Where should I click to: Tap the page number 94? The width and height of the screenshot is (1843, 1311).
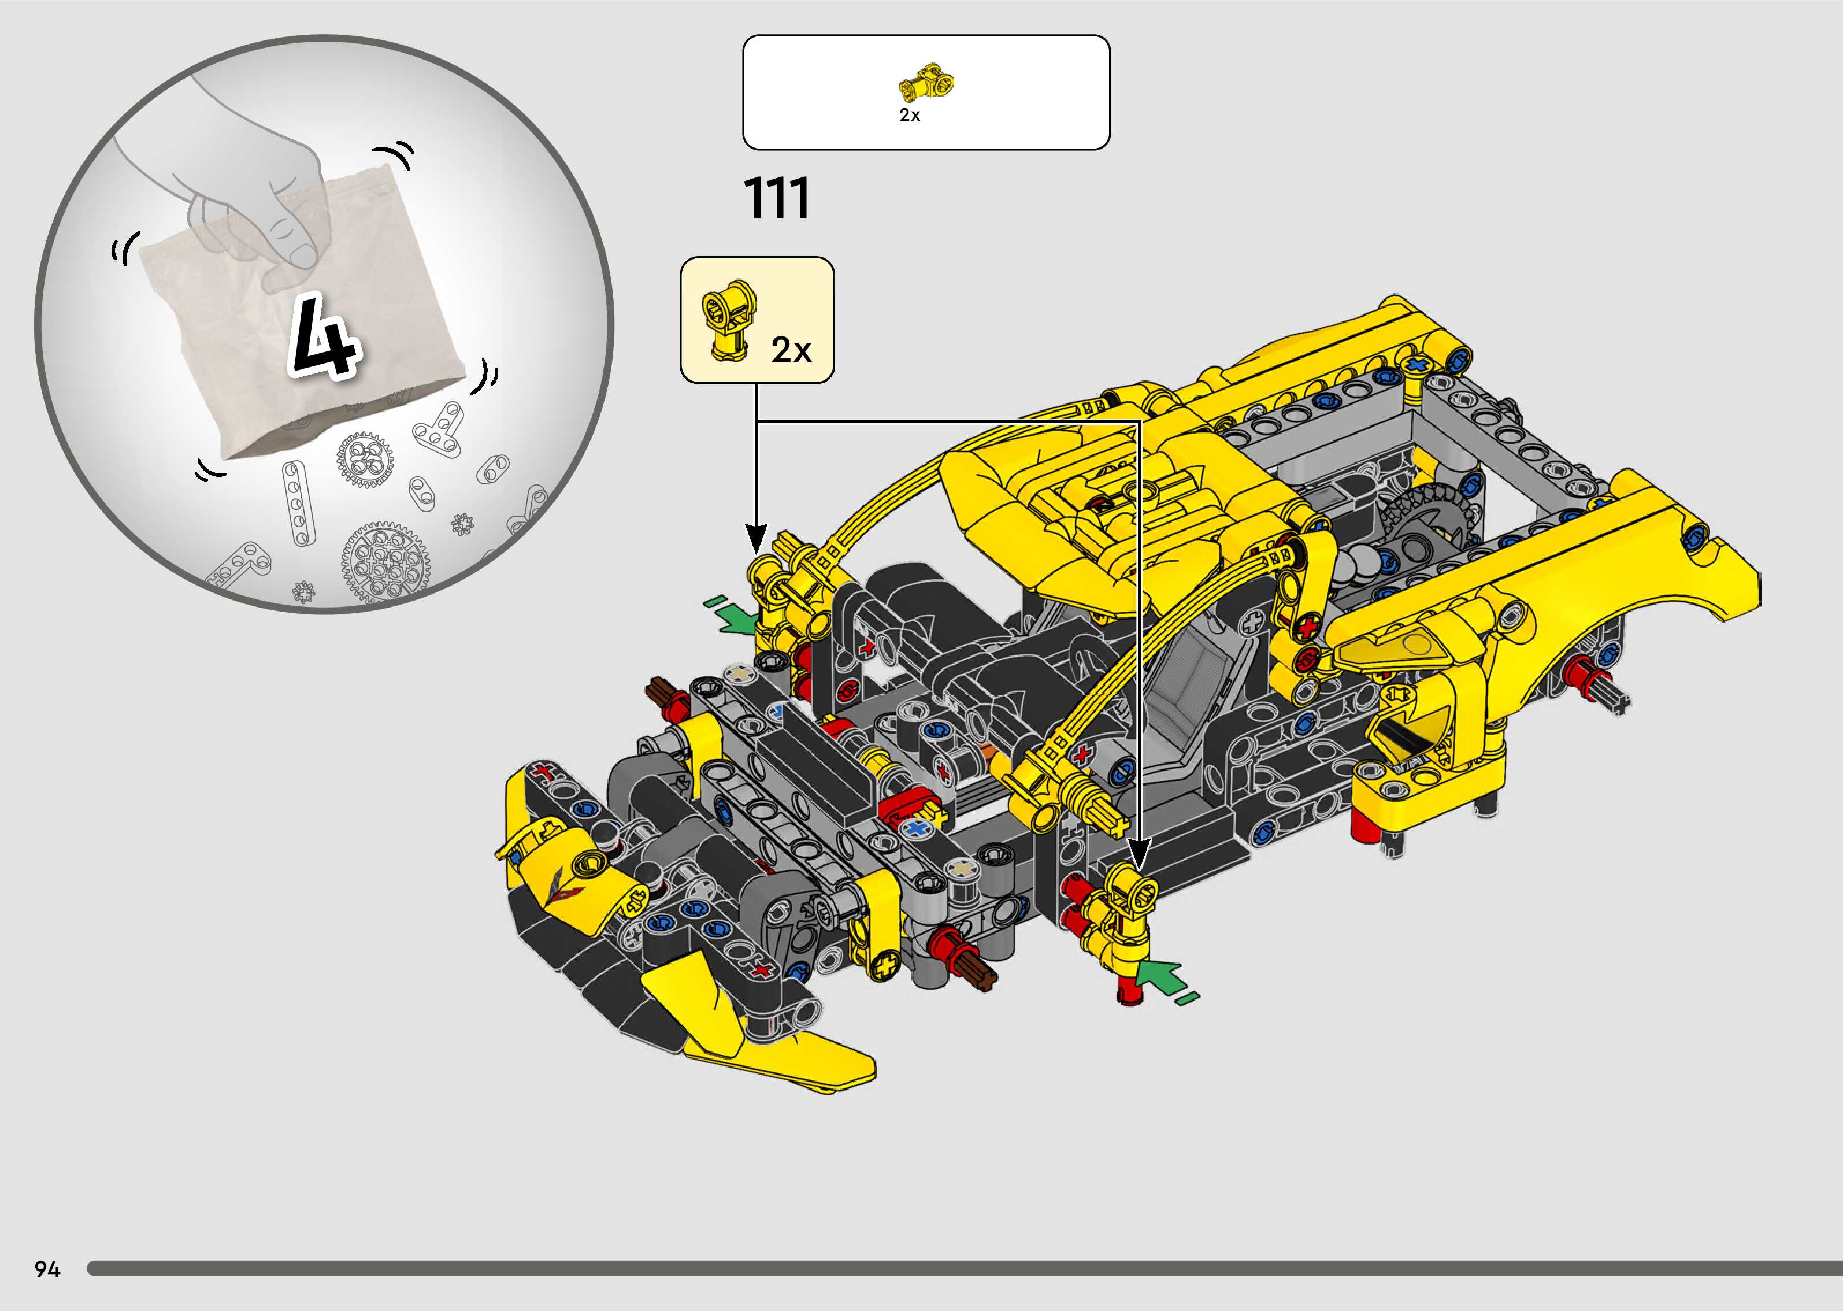tap(47, 1269)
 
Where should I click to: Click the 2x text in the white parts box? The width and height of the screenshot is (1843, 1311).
tap(910, 116)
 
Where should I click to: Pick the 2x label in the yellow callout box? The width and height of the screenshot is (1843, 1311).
tap(791, 350)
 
